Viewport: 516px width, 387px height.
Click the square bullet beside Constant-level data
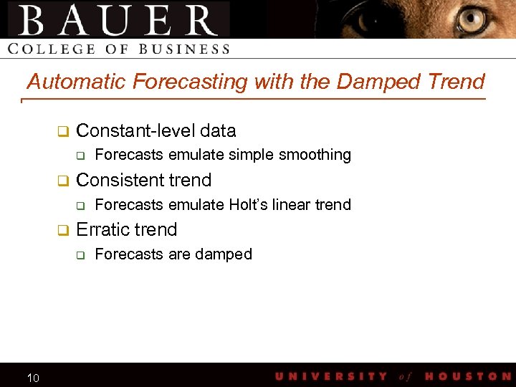point(62,131)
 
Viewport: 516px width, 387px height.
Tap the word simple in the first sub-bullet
point(251,155)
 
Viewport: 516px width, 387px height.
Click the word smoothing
point(315,155)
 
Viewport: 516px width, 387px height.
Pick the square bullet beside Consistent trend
point(62,181)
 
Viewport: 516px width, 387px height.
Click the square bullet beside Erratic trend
point(62,230)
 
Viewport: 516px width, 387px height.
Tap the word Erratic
point(102,229)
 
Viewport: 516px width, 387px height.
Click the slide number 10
point(33,378)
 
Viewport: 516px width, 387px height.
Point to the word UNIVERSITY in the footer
point(331,376)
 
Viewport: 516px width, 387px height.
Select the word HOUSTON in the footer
point(468,376)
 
